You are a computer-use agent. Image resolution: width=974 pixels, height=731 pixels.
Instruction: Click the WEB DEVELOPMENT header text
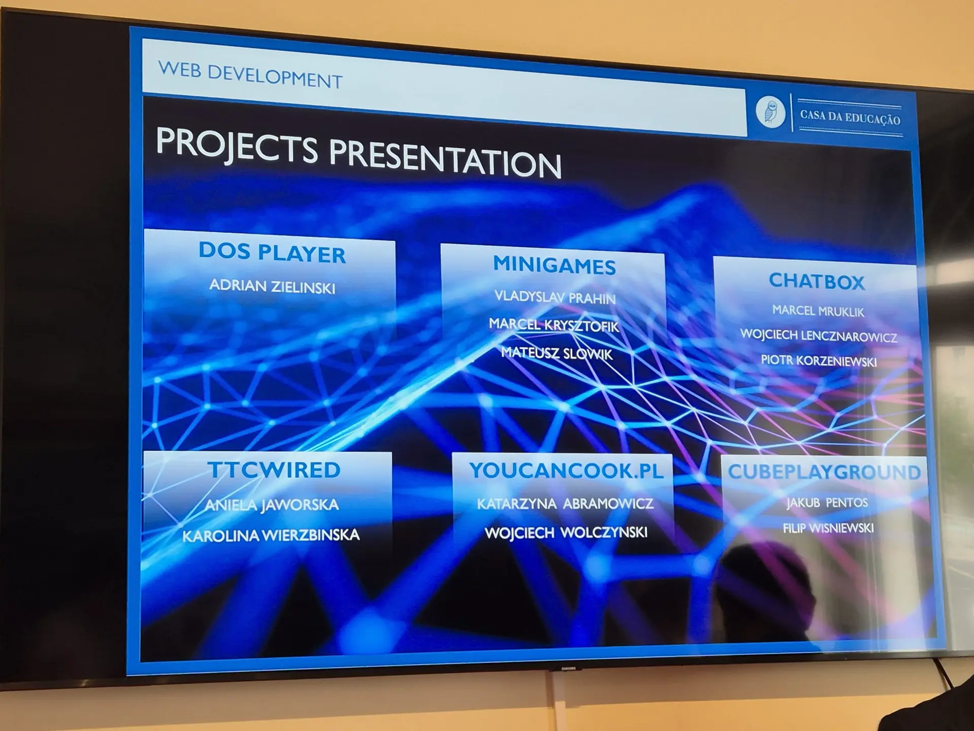(x=250, y=75)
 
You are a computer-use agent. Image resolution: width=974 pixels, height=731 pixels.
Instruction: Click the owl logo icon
(x=771, y=112)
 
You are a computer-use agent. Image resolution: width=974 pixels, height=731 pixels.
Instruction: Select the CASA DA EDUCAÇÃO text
(x=850, y=118)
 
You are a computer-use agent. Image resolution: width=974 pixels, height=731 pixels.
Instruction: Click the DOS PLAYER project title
(x=272, y=252)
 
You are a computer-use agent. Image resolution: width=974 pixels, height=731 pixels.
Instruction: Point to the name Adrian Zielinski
(x=272, y=286)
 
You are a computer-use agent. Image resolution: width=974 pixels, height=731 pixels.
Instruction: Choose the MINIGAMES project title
(x=554, y=265)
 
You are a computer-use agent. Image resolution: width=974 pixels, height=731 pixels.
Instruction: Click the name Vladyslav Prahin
(x=555, y=297)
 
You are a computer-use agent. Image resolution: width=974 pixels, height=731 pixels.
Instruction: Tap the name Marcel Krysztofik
(x=554, y=325)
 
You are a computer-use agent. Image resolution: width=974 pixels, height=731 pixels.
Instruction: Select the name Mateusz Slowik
(x=557, y=353)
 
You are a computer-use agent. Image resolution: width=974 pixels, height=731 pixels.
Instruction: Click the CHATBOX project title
(x=817, y=281)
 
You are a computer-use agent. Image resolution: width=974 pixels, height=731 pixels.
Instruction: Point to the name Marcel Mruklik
(x=818, y=311)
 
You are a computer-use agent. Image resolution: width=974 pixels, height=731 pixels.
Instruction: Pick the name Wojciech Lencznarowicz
(x=819, y=336)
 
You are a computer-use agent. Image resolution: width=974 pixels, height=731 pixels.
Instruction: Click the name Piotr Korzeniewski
(x=819, y=361)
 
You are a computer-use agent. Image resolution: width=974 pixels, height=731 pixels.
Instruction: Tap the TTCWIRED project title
(x=274, y=470)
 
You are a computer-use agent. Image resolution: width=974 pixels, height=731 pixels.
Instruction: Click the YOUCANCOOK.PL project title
(x=566, y=471)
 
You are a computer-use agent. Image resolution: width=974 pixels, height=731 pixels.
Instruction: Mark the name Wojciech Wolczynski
(x=566, y=533)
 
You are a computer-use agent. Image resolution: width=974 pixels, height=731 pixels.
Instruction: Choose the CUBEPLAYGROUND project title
(x=824, y=472)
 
